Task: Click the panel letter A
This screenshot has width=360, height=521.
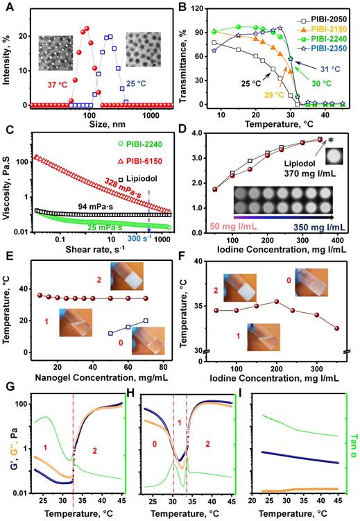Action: (x=6, y=6)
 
